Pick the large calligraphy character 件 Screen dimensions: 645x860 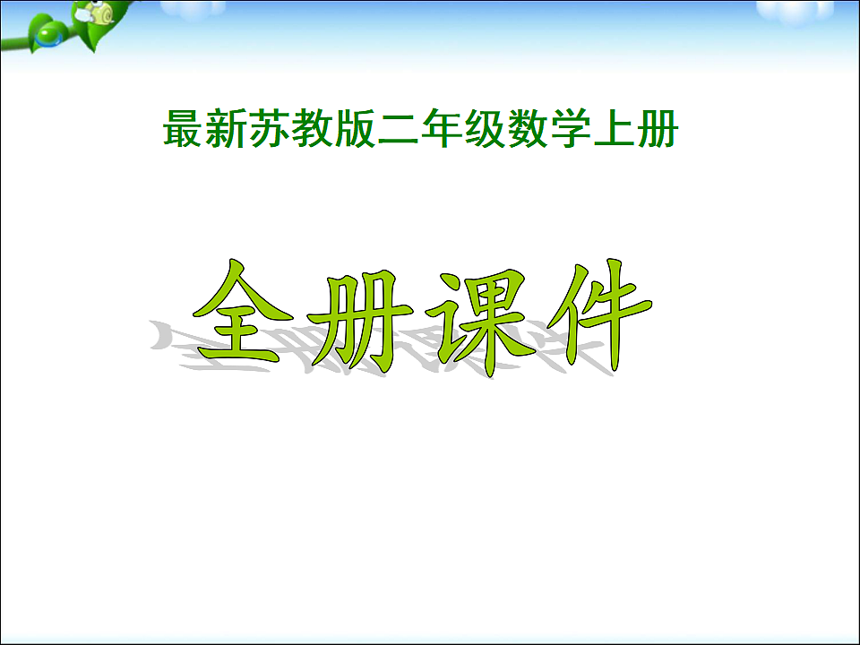[x=591, y=315]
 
